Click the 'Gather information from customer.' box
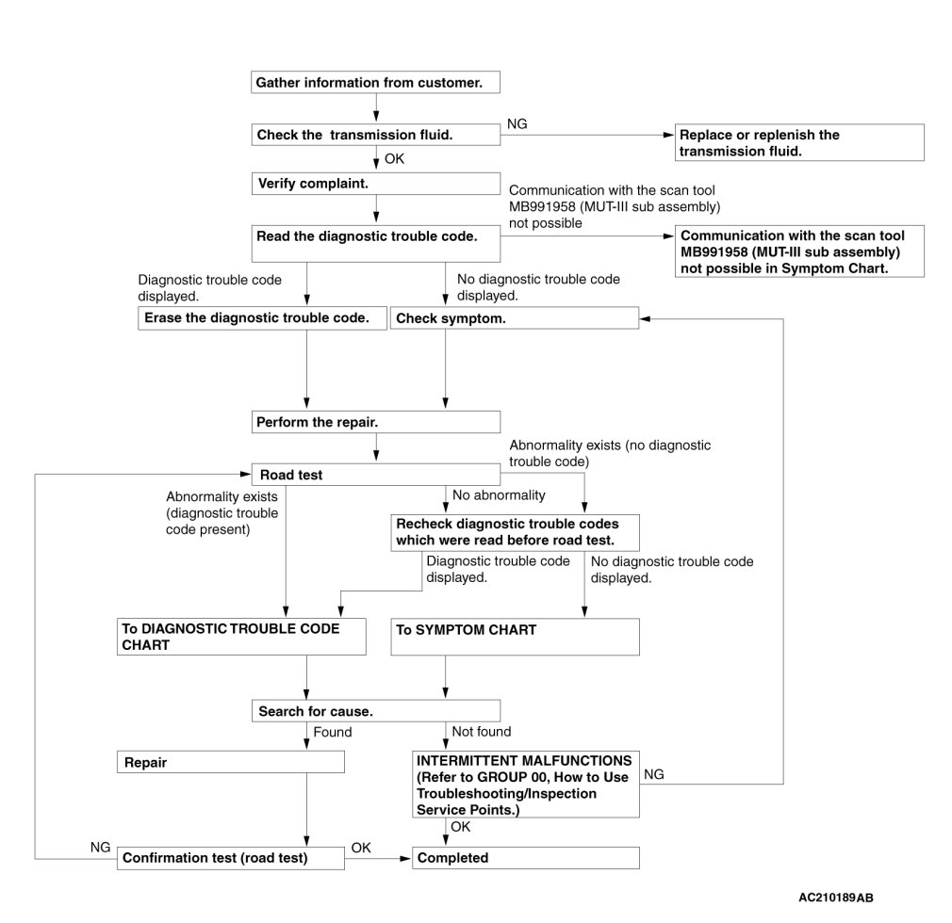[375, 83]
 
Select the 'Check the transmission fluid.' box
[375, 135]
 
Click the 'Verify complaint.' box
[375, 183]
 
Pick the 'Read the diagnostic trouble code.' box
[375, 236]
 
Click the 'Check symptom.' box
[514, 318]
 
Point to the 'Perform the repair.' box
[375, 422]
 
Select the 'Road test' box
[375, 476]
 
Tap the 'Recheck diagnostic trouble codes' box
[514, 531]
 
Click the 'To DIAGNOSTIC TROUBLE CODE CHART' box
[243, 637]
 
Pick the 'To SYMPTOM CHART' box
[514, 637]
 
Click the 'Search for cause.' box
[375, 711]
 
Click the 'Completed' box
[525, 858]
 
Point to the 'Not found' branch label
[482, 732]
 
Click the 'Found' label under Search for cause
[333, 732]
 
